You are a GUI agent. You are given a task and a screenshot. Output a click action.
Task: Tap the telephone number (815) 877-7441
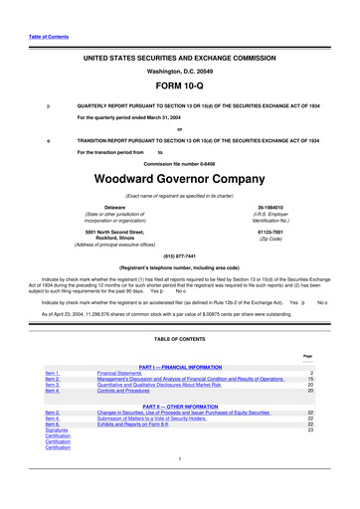point(179,254)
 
